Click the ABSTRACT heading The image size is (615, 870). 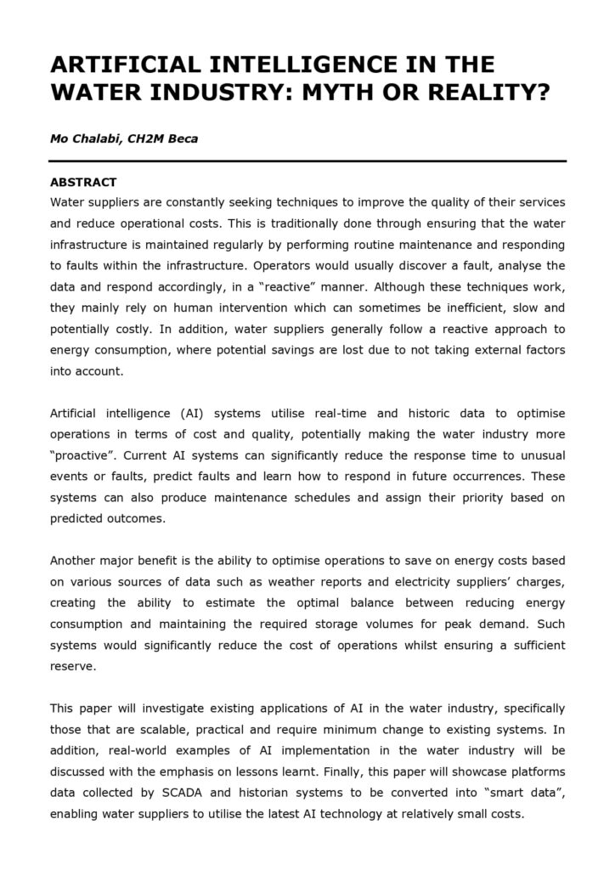coord(83,182)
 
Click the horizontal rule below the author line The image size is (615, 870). coord(307,161)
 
